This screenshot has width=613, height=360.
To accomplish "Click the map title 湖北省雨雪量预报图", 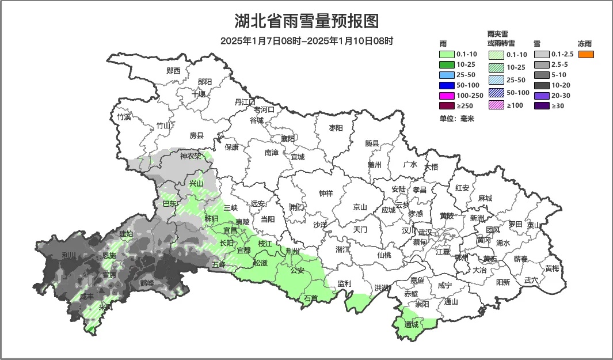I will [x=306, y=21].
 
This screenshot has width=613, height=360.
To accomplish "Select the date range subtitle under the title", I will [x=306, y=41].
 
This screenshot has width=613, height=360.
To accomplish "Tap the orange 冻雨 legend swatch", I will [x=585, y=55].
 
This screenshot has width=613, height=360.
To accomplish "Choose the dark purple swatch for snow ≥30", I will [x=541, y=105].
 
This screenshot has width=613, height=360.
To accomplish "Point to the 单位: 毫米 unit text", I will [x=456, y=119].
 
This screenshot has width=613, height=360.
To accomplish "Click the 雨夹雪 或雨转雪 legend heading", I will [x=501, y=39].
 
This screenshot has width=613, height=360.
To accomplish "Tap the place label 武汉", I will [x=425, y=232].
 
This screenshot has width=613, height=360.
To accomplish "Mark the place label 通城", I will [x=411, y=325].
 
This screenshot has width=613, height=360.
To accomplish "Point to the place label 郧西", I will [x=173, y=71].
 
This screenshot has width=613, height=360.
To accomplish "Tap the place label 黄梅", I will [x=552, y=268].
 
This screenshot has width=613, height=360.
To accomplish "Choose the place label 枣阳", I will [x=336, y=128].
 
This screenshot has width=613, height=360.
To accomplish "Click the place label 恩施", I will [x=109, y=255].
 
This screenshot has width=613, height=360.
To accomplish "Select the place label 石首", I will [x=311, y=298].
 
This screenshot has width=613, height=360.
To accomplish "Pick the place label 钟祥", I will [x=326, y=194].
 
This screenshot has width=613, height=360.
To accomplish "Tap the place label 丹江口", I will [x=245, y=102].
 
